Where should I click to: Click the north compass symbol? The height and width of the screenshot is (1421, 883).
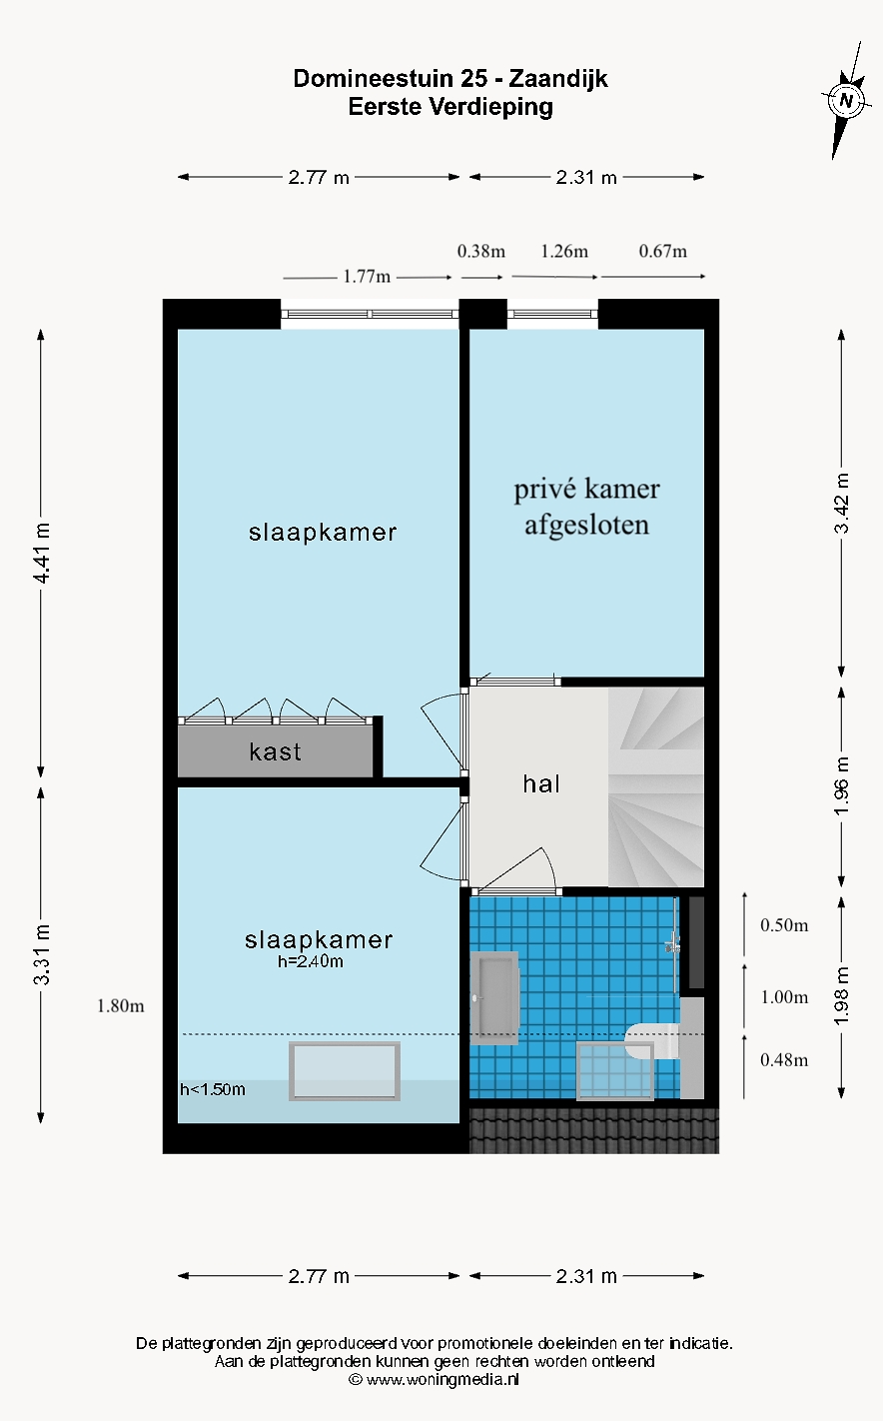[847, 100]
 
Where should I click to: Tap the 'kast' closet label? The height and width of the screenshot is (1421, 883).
[275, 751]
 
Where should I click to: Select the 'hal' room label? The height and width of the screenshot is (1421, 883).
[541, 784]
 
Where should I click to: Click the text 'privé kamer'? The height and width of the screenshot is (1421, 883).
[586, 490]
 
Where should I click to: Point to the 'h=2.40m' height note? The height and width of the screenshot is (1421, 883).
[311, 962]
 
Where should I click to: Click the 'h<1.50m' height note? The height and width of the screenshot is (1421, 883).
[213, 1089]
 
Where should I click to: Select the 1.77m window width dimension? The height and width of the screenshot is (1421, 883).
[367, 277]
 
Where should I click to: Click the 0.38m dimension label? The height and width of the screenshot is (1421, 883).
[481, 251]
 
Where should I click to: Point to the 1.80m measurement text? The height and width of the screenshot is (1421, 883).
[120, 1006]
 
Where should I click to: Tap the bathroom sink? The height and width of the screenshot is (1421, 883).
[494, 997]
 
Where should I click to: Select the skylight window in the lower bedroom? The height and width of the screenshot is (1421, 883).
[345, 1071]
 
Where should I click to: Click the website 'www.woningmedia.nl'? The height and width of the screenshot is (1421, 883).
[442, 1379]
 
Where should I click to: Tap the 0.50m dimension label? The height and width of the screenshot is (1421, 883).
[784, 925]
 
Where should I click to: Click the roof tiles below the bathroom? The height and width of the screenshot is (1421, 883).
[593, 1129]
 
